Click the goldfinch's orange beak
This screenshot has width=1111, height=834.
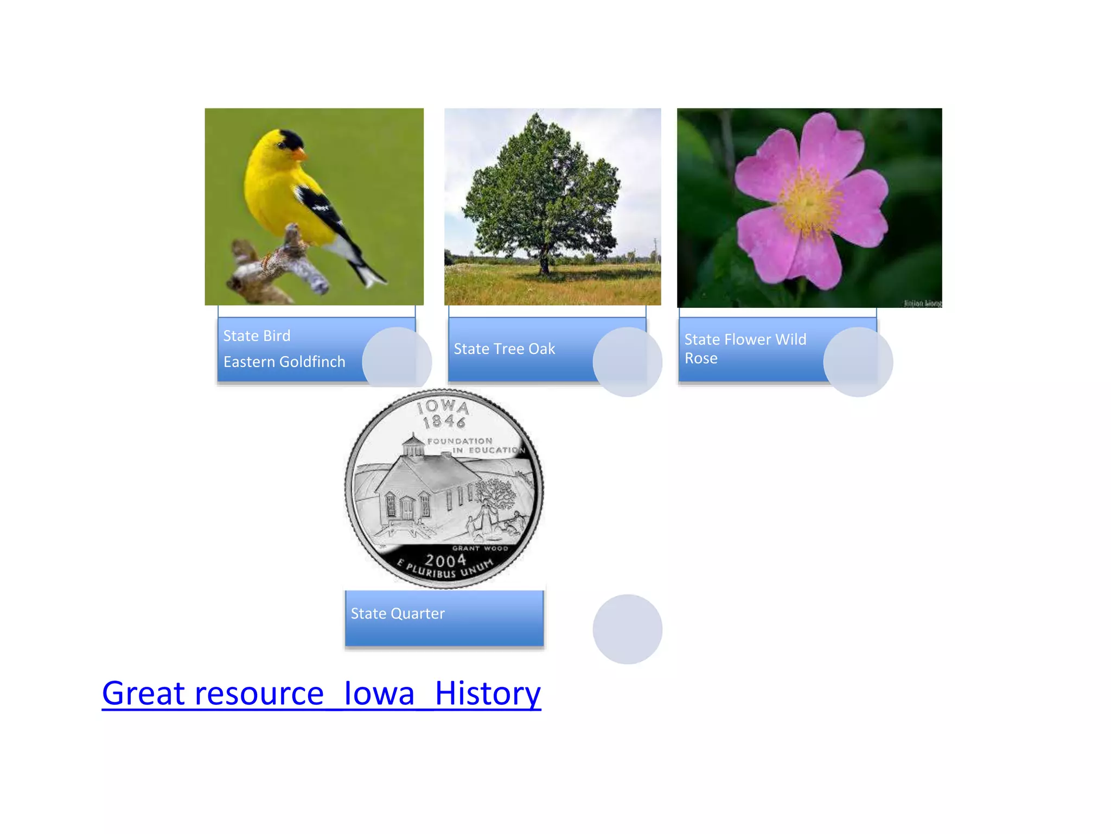click(299, 155)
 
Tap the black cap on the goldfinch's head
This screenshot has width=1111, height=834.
click(289, 140)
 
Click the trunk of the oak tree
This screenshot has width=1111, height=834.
click(544, 264)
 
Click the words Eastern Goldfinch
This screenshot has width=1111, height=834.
click(284, 362)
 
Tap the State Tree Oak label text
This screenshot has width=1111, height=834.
click(504, 349)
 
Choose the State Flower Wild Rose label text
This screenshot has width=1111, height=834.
click(745, 349)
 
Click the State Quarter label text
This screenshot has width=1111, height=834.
click(398, 614)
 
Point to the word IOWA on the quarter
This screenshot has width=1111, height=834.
click(443, 406)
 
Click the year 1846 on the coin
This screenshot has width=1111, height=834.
click(444, 421)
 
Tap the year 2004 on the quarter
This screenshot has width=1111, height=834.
click(445, 560)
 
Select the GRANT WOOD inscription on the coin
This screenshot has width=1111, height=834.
click(480, 548)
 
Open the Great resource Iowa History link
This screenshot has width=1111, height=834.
click(321, 693)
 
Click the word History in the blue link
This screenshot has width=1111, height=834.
click(487, 693)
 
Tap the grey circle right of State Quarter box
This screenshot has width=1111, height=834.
click(627, 629)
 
